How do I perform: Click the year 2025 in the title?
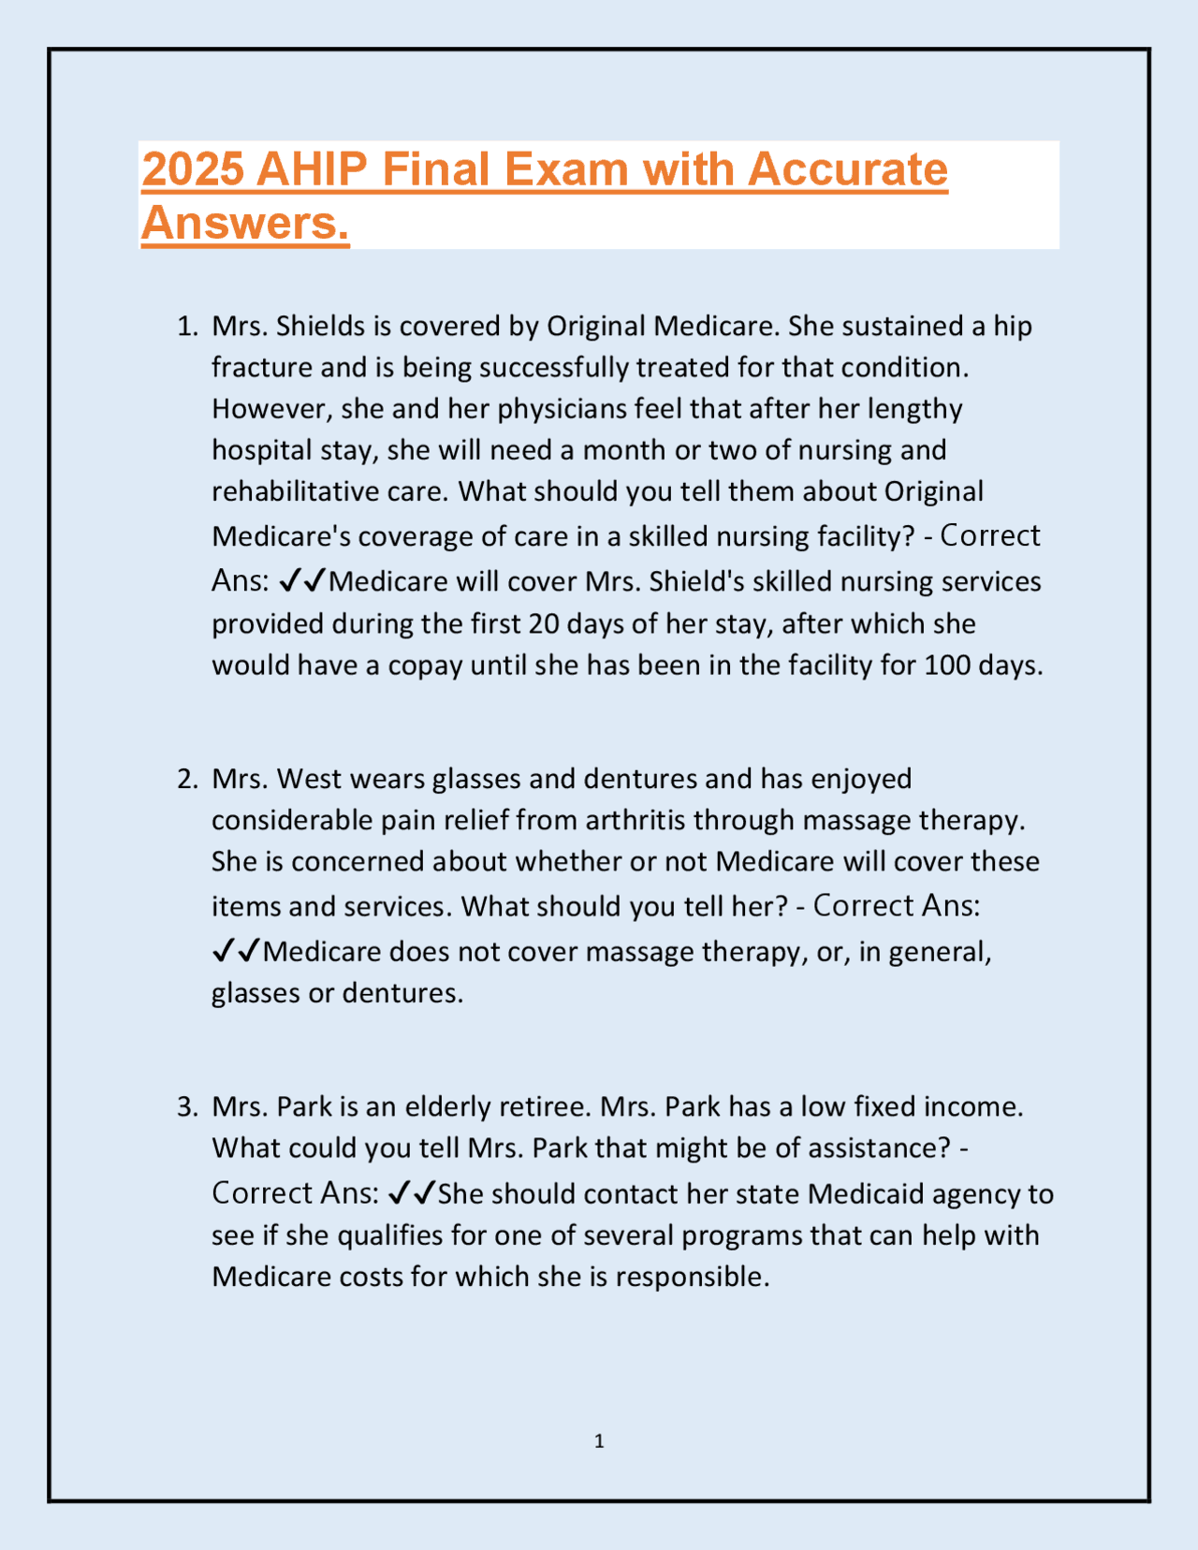click(x=193, y=169)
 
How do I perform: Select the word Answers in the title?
click(x=244, y=223)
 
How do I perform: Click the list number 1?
click(x=187, y=327)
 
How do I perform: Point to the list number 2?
click(x=187, y=779)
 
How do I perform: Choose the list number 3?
click(x=187, y=1107)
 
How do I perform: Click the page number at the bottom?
click(x=599, y=1441)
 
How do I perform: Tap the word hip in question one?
click(x=1013, y=327)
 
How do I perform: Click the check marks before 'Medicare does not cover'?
click(x=236, y=952)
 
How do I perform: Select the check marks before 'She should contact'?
click(x=411, y=1193)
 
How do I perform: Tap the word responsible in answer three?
click(x=692, y=1277)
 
